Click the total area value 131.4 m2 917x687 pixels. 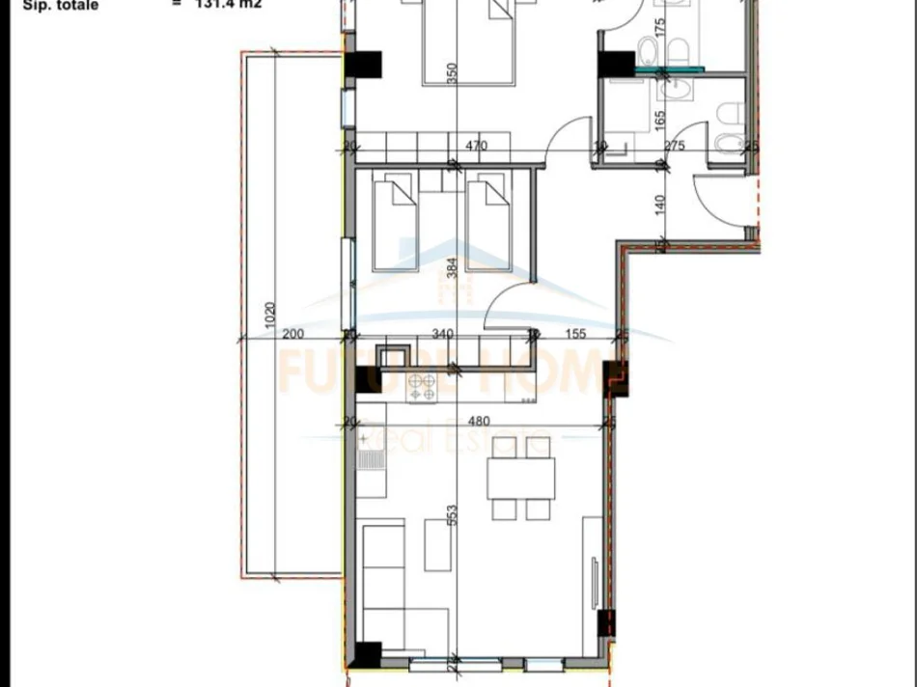point(228,4)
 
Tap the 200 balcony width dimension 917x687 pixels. point(293,335)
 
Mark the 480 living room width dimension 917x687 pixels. point(479,421)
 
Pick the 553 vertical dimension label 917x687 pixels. point(451,515)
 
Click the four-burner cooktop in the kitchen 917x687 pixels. point(422,387)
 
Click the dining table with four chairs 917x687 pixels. point(520,479)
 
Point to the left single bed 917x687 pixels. point(394,224)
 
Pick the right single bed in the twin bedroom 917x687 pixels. point(488,224)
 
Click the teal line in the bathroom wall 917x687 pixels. point(670,69)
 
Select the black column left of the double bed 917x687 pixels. point(365,65)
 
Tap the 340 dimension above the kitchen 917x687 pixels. point(441,335)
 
